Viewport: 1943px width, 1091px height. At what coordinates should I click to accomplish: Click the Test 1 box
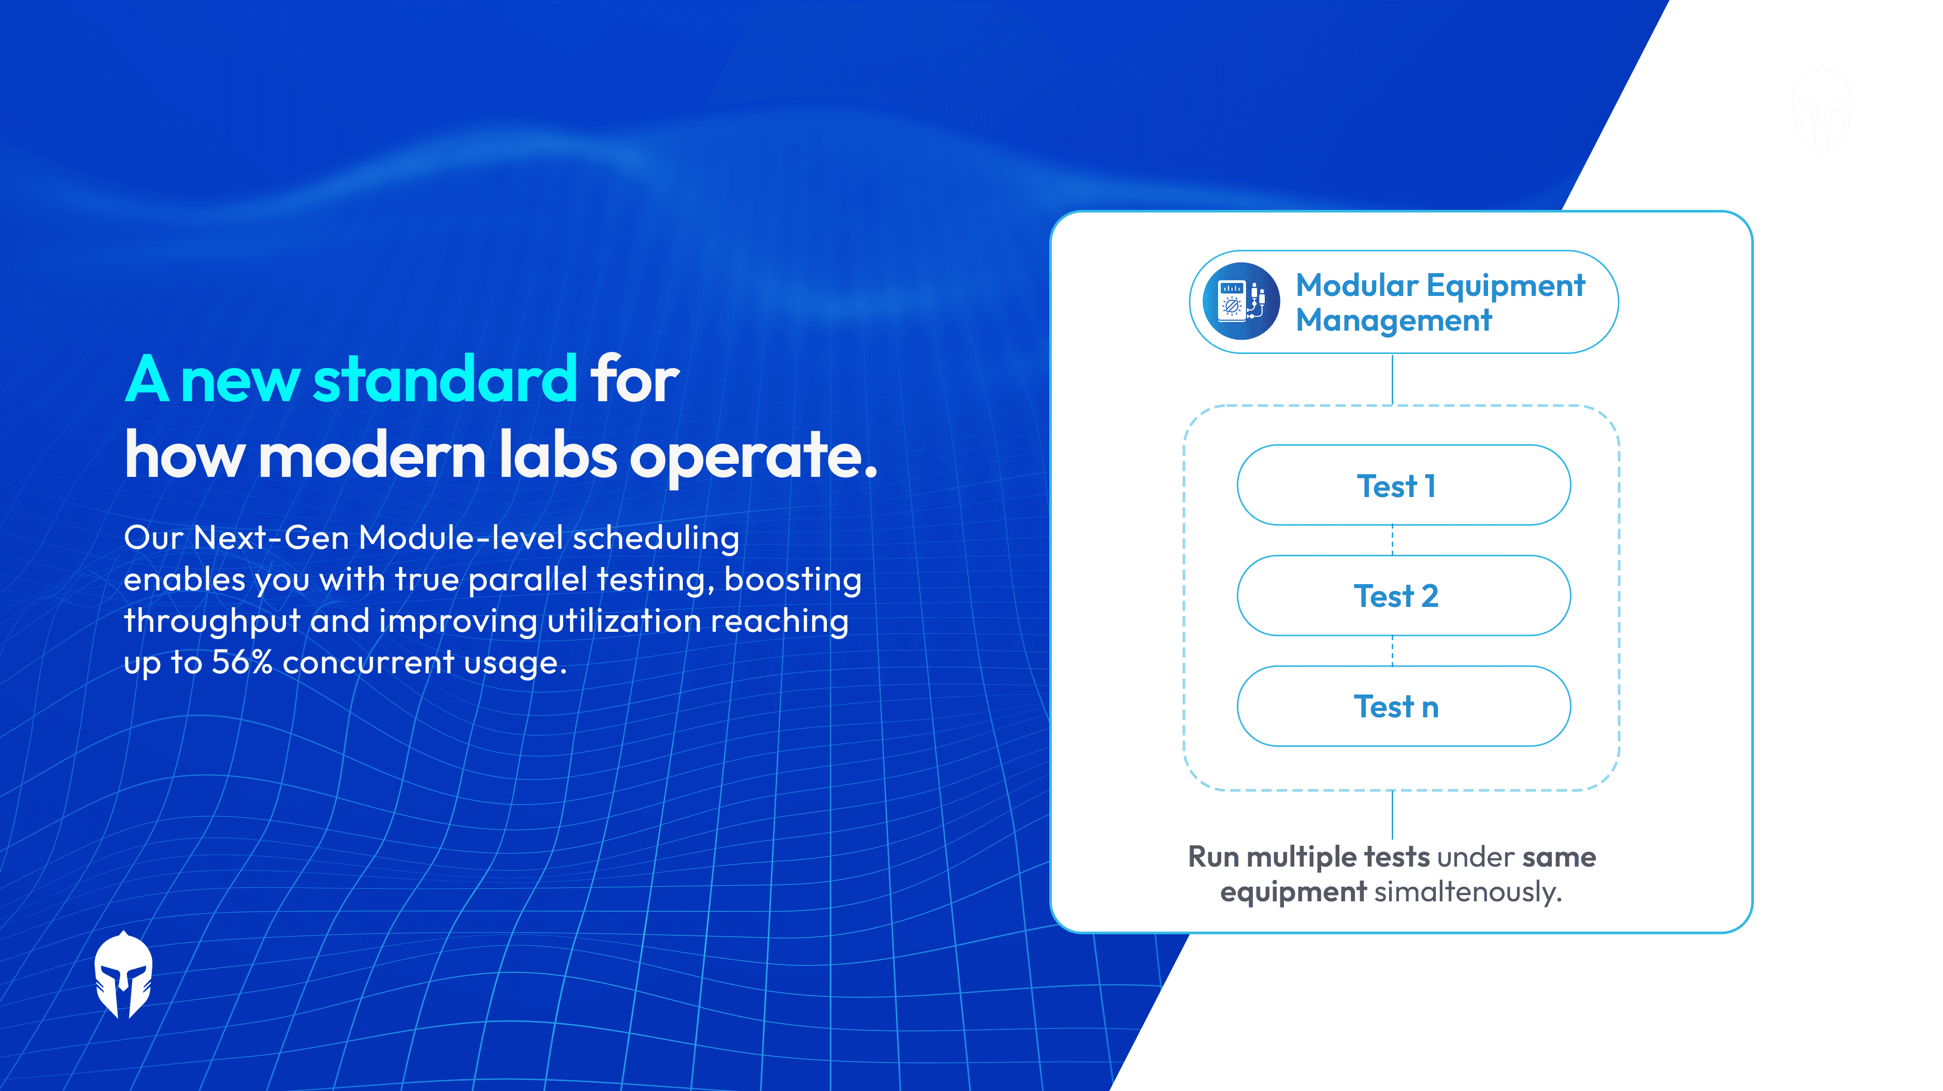tap(1403, 485)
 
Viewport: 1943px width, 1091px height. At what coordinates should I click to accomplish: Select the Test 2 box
tap(1403, 596)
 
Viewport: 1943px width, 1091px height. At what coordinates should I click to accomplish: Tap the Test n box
tap(1403, 706)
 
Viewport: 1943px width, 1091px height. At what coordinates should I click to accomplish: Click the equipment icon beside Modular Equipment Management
tap(1241, 301)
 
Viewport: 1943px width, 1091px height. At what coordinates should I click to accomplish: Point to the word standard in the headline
tap(445, 379)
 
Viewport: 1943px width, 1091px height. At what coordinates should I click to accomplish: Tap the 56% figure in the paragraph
tap(241, 662)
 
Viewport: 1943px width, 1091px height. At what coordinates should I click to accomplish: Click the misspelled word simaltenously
tap(1467, 892)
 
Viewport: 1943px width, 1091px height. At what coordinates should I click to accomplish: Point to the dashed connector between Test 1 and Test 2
tap(1392, 540)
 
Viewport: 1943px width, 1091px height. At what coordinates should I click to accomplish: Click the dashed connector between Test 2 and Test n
tap(1392, 650)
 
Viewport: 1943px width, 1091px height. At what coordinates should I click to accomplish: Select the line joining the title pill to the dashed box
tap(1392, 379)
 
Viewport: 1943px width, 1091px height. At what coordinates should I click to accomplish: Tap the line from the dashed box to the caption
tap(1392, 815)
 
